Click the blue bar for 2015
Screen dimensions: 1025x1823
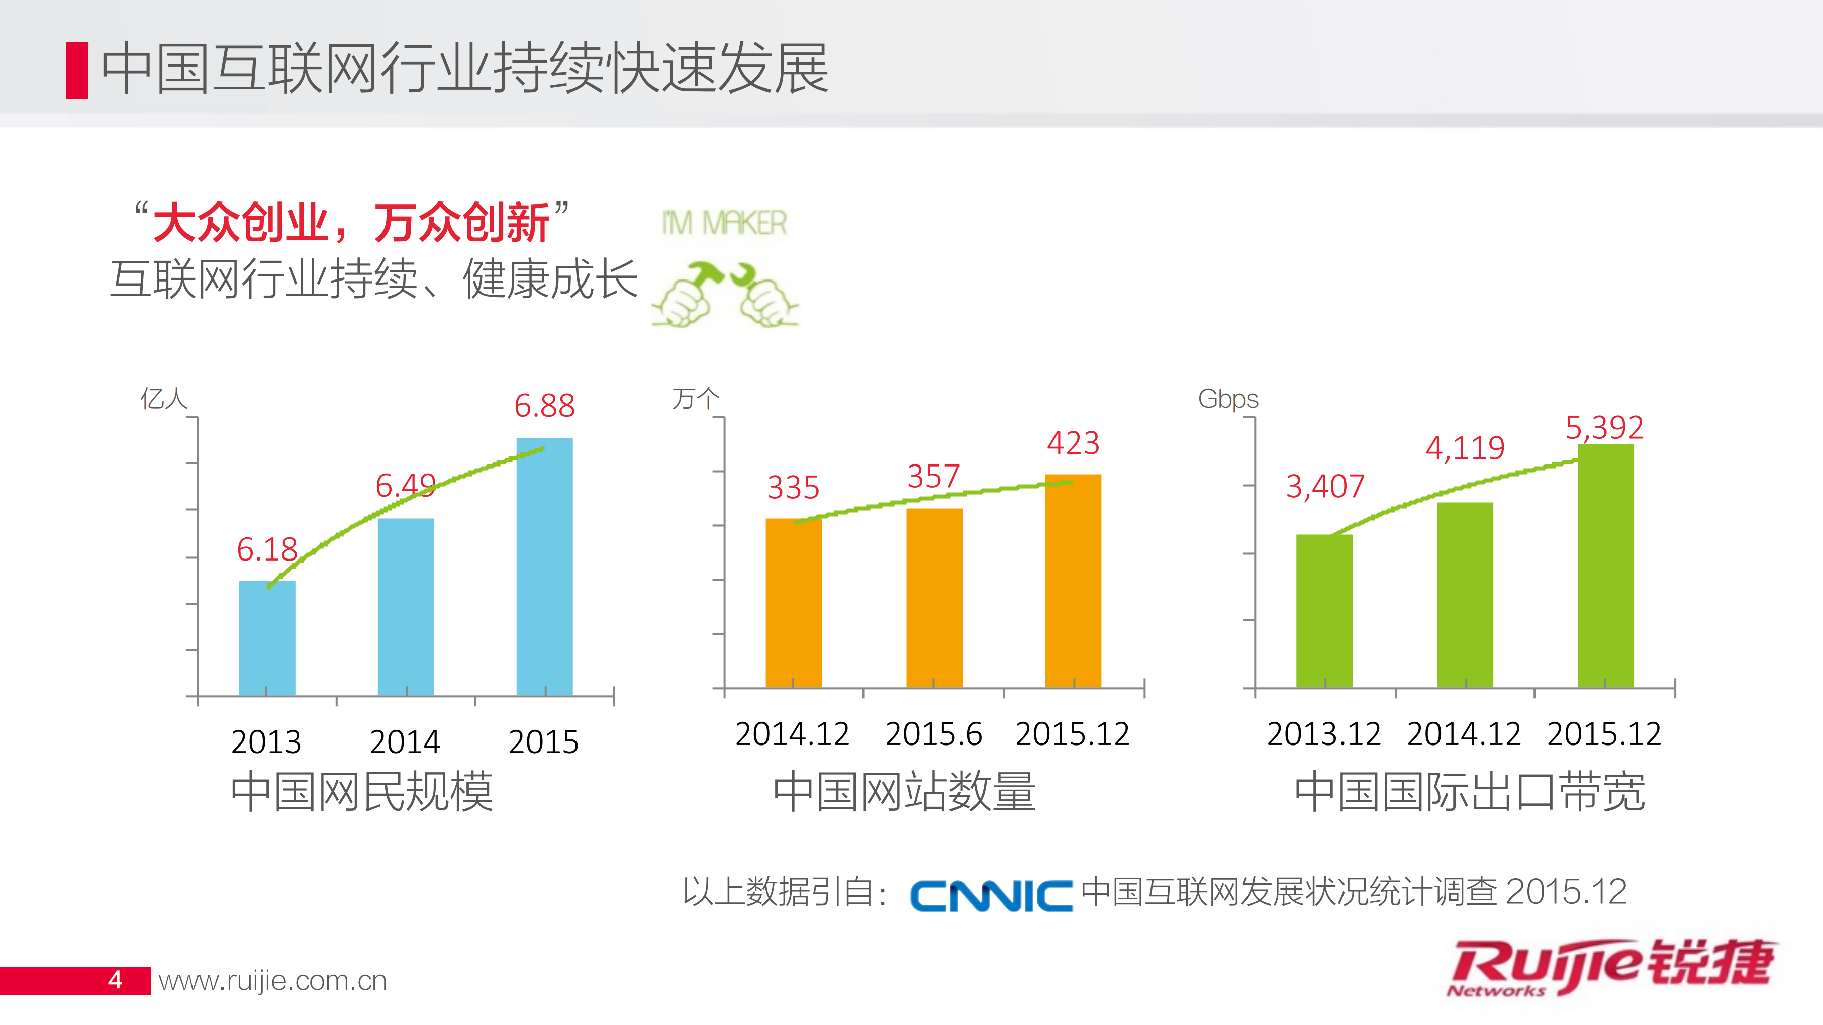(x=544, y=567)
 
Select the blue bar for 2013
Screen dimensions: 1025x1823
(x=267, y=637)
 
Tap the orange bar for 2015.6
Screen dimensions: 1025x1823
(x=934, y=598)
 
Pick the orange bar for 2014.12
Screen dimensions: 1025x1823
(x=793, y=603)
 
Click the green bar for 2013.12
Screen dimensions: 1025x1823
(x=1324, y=611)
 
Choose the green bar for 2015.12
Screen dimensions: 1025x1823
(x=1605, y=567)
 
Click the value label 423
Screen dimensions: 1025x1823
(x=1073, y=444)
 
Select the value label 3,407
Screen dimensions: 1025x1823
(x=1325, y=486)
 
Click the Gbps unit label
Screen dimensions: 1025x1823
(x=1228, y=399)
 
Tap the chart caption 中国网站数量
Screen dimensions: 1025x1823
(x=904, y=791)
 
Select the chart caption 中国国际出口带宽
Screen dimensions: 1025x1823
(x=1469, y=791)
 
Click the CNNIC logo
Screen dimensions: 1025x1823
(x=991, y=895)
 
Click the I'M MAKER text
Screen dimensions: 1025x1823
(x=723, y=223)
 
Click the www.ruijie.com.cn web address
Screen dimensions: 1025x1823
(x=272, y=980)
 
